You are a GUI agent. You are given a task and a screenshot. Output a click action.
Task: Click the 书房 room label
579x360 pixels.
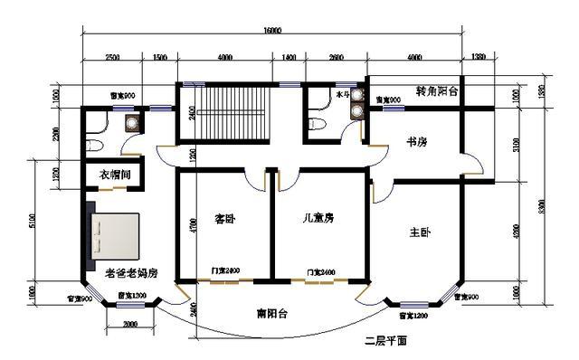click(x=416, y=142)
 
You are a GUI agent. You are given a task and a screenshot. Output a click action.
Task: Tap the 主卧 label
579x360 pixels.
click(x=420, y=232)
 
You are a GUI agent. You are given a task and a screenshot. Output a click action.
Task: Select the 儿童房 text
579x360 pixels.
click(x=318, y=218)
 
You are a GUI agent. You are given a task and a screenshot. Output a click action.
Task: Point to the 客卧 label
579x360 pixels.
click(x=224, y=219)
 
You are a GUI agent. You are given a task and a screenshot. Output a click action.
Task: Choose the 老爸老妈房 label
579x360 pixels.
click(x=132, y=271)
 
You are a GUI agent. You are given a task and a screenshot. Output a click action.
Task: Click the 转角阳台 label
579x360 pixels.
click(x=437, y=92)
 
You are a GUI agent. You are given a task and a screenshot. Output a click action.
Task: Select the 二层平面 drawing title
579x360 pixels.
click(x=386, y=341)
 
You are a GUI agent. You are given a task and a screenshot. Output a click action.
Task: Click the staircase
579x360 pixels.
click(x=224, y=115)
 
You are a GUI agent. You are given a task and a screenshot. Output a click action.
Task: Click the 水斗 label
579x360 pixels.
click(x=343, y=93)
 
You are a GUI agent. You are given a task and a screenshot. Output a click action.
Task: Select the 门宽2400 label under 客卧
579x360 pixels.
click(x=225, y=271)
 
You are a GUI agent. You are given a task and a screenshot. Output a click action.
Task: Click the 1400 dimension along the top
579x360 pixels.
click(x=289, y=57)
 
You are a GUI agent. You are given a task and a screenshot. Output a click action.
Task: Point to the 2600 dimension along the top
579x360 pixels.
click(x=336, y=57)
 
